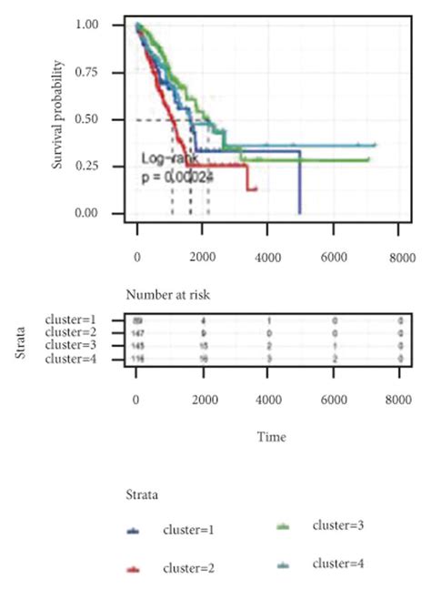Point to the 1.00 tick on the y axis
[111, 25]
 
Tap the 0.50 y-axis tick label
[111, 119]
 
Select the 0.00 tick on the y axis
[111, 214]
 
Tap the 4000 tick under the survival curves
[267, 258]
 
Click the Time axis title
[271, 438]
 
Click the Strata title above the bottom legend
[142, 494]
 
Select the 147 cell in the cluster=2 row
[139, 334]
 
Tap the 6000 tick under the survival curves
[334, 258]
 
